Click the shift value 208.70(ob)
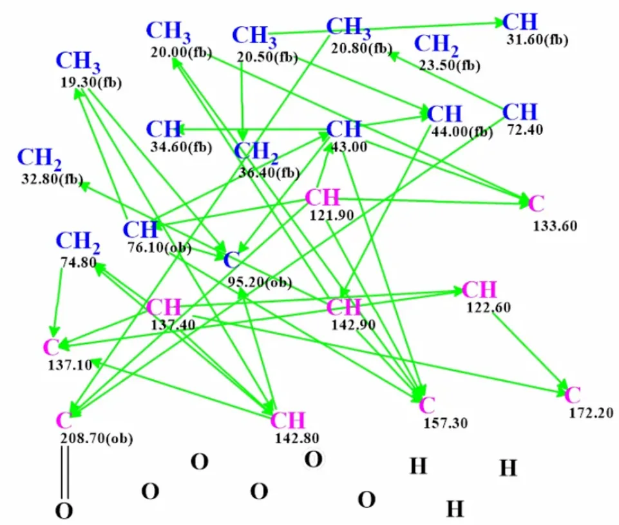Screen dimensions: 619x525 tap(97, 439)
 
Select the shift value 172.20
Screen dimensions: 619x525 tap(591, 413)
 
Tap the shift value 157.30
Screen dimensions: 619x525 tap(446, 423)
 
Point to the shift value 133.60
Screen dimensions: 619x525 tap(555, 226)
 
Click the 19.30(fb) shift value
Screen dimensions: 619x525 tap(91, 83)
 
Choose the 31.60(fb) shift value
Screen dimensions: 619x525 tap(537, 40)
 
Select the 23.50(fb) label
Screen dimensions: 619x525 tap(450, 65)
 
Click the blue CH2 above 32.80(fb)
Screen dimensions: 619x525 tap(39, 159)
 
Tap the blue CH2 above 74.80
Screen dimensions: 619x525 tap(78, 242)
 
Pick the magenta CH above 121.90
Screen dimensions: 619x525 tap(323, 197)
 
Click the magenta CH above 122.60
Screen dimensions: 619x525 tap(479, 290)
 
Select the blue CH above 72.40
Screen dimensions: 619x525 tap(520, 112)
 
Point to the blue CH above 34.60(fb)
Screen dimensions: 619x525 tap(164, 129)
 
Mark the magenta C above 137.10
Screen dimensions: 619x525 tap(52, 348)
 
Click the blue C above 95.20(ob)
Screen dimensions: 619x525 tap(231, 261)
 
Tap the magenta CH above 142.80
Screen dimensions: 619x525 tap(287, 421)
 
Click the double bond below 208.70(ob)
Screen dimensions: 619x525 tap(65, 472)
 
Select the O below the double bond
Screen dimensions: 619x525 tap(64, 510)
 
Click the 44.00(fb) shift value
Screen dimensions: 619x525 tap(462, 132)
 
